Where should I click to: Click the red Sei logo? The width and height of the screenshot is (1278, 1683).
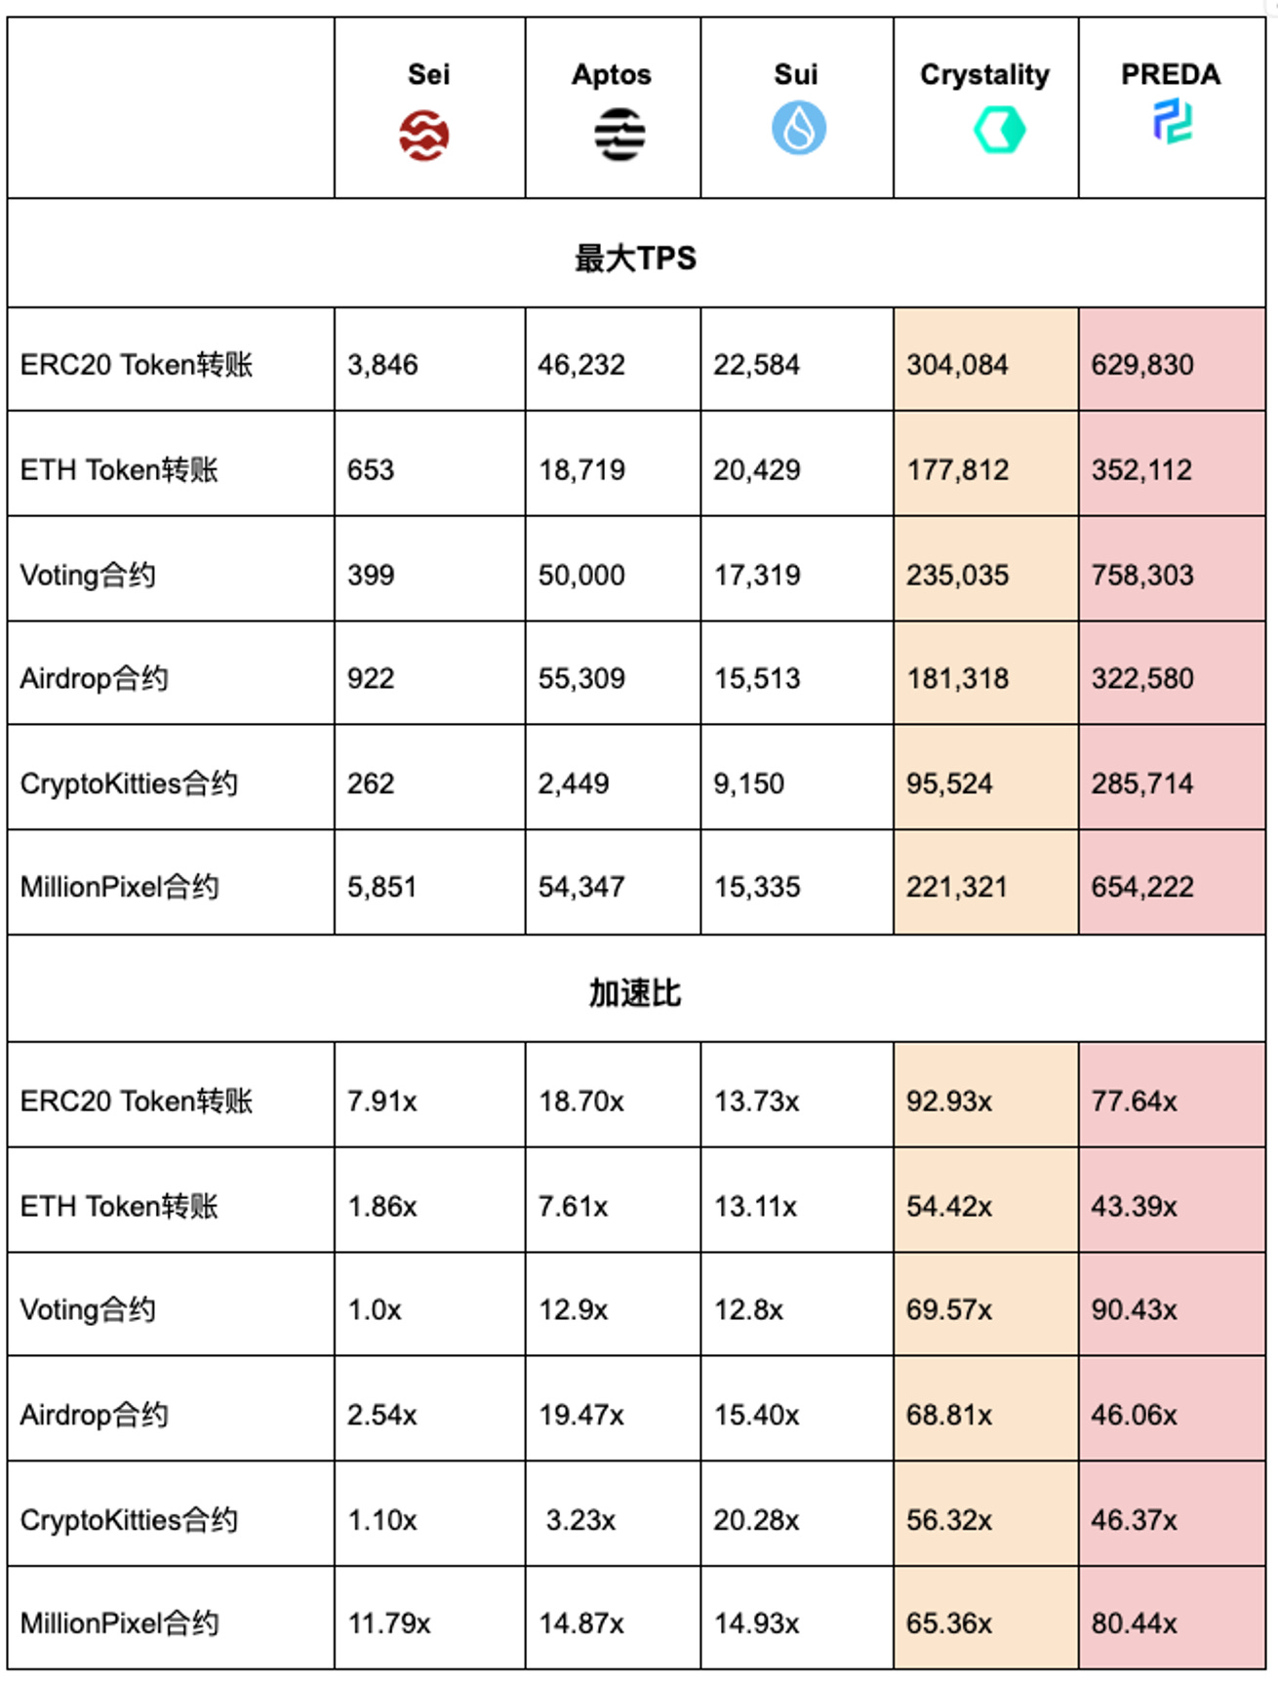pyautogui.click(x=423, y=135)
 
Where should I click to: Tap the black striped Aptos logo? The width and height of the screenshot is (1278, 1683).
pyautogui.click(x=619, y=134)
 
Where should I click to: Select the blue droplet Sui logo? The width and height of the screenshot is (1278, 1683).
pyautogui.click(x=799, y=128)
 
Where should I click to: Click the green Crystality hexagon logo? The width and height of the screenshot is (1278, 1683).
pyautogui.click(x=999, y=130)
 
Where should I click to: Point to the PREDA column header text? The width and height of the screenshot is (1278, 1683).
pyautogui.click(x=1170, y=74)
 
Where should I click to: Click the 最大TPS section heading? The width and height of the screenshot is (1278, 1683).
pyautogui.click(x=635, y=258)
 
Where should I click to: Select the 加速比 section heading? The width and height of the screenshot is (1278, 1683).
pyautogui.click(x=635, y=993)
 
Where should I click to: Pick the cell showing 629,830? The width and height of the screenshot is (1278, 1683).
pyautogui.click(x=1142, y=365)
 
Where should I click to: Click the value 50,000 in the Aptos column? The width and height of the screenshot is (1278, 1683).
pyautogui.click(x=581, y=575)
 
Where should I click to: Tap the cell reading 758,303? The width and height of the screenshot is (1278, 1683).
pyautogui.click(x=1142, y=575)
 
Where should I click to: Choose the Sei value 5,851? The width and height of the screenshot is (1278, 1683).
pyautogui.click(x=381, y=887)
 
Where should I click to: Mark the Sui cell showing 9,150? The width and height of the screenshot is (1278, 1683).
pyautogui.click(x=748, y=783)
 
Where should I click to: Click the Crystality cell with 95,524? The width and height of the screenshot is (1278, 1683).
pyautogui.click(x=949, y=783)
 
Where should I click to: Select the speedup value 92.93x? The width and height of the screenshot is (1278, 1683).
pyautogui.click(x=949, y=1102)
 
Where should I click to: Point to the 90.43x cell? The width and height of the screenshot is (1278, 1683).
pyautogui.click(x=1134, y=1309)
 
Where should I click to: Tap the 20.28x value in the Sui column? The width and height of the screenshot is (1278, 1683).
pyautogui.click(x=756, y=1520)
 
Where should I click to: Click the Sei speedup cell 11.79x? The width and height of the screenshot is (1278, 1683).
pyautogui.click(x=389, y=1623)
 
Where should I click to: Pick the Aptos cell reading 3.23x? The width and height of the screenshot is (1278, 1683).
pyautogui.click(x=580, y=1520)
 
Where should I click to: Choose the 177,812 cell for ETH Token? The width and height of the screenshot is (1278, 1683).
pyautogui.click(x=958, y=470)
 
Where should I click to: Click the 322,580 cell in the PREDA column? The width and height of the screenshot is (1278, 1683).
pyautogui.click(x=1142, y=678)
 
